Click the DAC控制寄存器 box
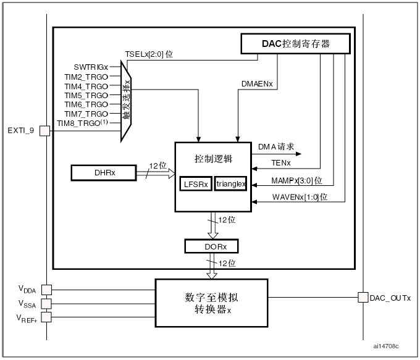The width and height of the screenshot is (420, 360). (x=294, y=43)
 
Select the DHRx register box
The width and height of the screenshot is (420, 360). (x=103, y=173)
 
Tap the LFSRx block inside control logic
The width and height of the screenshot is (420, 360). (x=196, y=184)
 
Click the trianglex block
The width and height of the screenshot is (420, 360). (x=231, y=184)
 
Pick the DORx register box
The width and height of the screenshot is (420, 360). (x=211, y=246)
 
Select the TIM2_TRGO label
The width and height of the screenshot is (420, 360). (x=86, y=76)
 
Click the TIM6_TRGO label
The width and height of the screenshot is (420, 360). (x=86, y=104)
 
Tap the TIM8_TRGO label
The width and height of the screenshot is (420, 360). (x=83, y=123)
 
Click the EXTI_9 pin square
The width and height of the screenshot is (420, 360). (x=44, y=130)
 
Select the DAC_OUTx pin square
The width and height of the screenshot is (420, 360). (x=363, y=298)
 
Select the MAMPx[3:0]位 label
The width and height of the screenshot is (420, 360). (x=296, y=180)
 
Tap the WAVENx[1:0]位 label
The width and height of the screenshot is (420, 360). (x=300, y=197)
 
